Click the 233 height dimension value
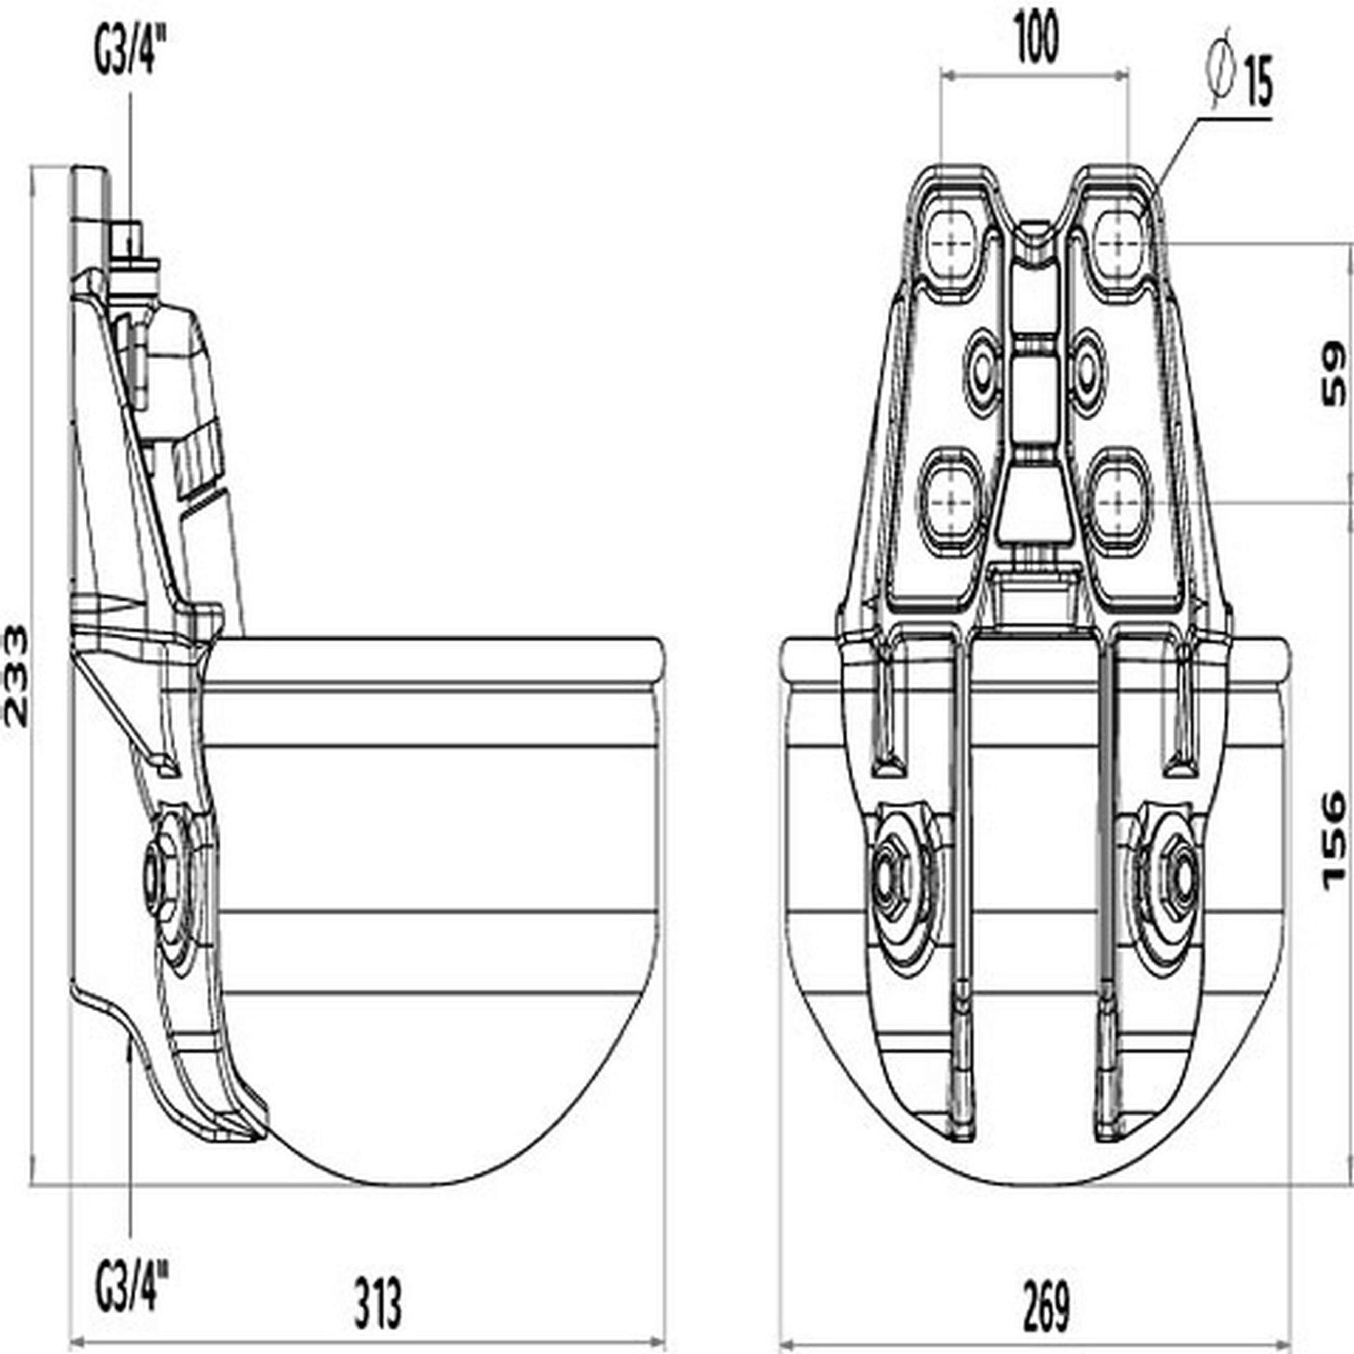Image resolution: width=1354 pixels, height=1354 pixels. pos(15,676)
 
